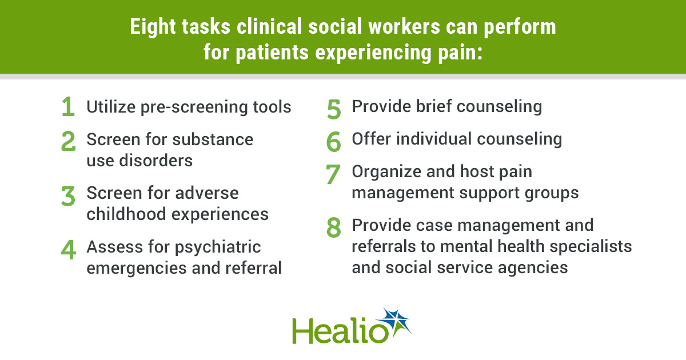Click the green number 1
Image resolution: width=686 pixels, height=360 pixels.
pyautogui.click(x=69, y=106)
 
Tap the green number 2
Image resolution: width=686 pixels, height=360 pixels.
pyautogui.click(x=68, y=141)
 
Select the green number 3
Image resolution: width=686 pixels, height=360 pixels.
pyautogui.click(x=68, y=196)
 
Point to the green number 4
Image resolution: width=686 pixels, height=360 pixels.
pyautogui.click(x=68, y=250)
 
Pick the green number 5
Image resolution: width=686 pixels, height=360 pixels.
pyautogui.click(x=334, y=109)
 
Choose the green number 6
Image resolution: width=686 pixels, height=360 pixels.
pyautogui.click(x=333, y=142)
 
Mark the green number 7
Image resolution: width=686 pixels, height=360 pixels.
pyautogui.click(x=333, y=174)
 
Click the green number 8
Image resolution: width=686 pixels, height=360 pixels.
pyautogui.click(x=333, y=228)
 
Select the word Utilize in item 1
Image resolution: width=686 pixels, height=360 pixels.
pyautogui.click(x=111, y=107)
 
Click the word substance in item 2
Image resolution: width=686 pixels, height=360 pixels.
pyautogui.click(x=213, y=139)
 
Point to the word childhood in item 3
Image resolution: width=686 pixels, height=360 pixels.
pyautogui.click(x=126, y=214)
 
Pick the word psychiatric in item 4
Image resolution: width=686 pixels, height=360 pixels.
pyautogui.click(x=218, y=247)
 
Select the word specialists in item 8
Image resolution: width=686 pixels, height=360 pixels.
pyautogui.click(x=591, y=247)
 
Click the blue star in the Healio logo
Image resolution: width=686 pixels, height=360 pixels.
pyautogui.click(x=395, y=322)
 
